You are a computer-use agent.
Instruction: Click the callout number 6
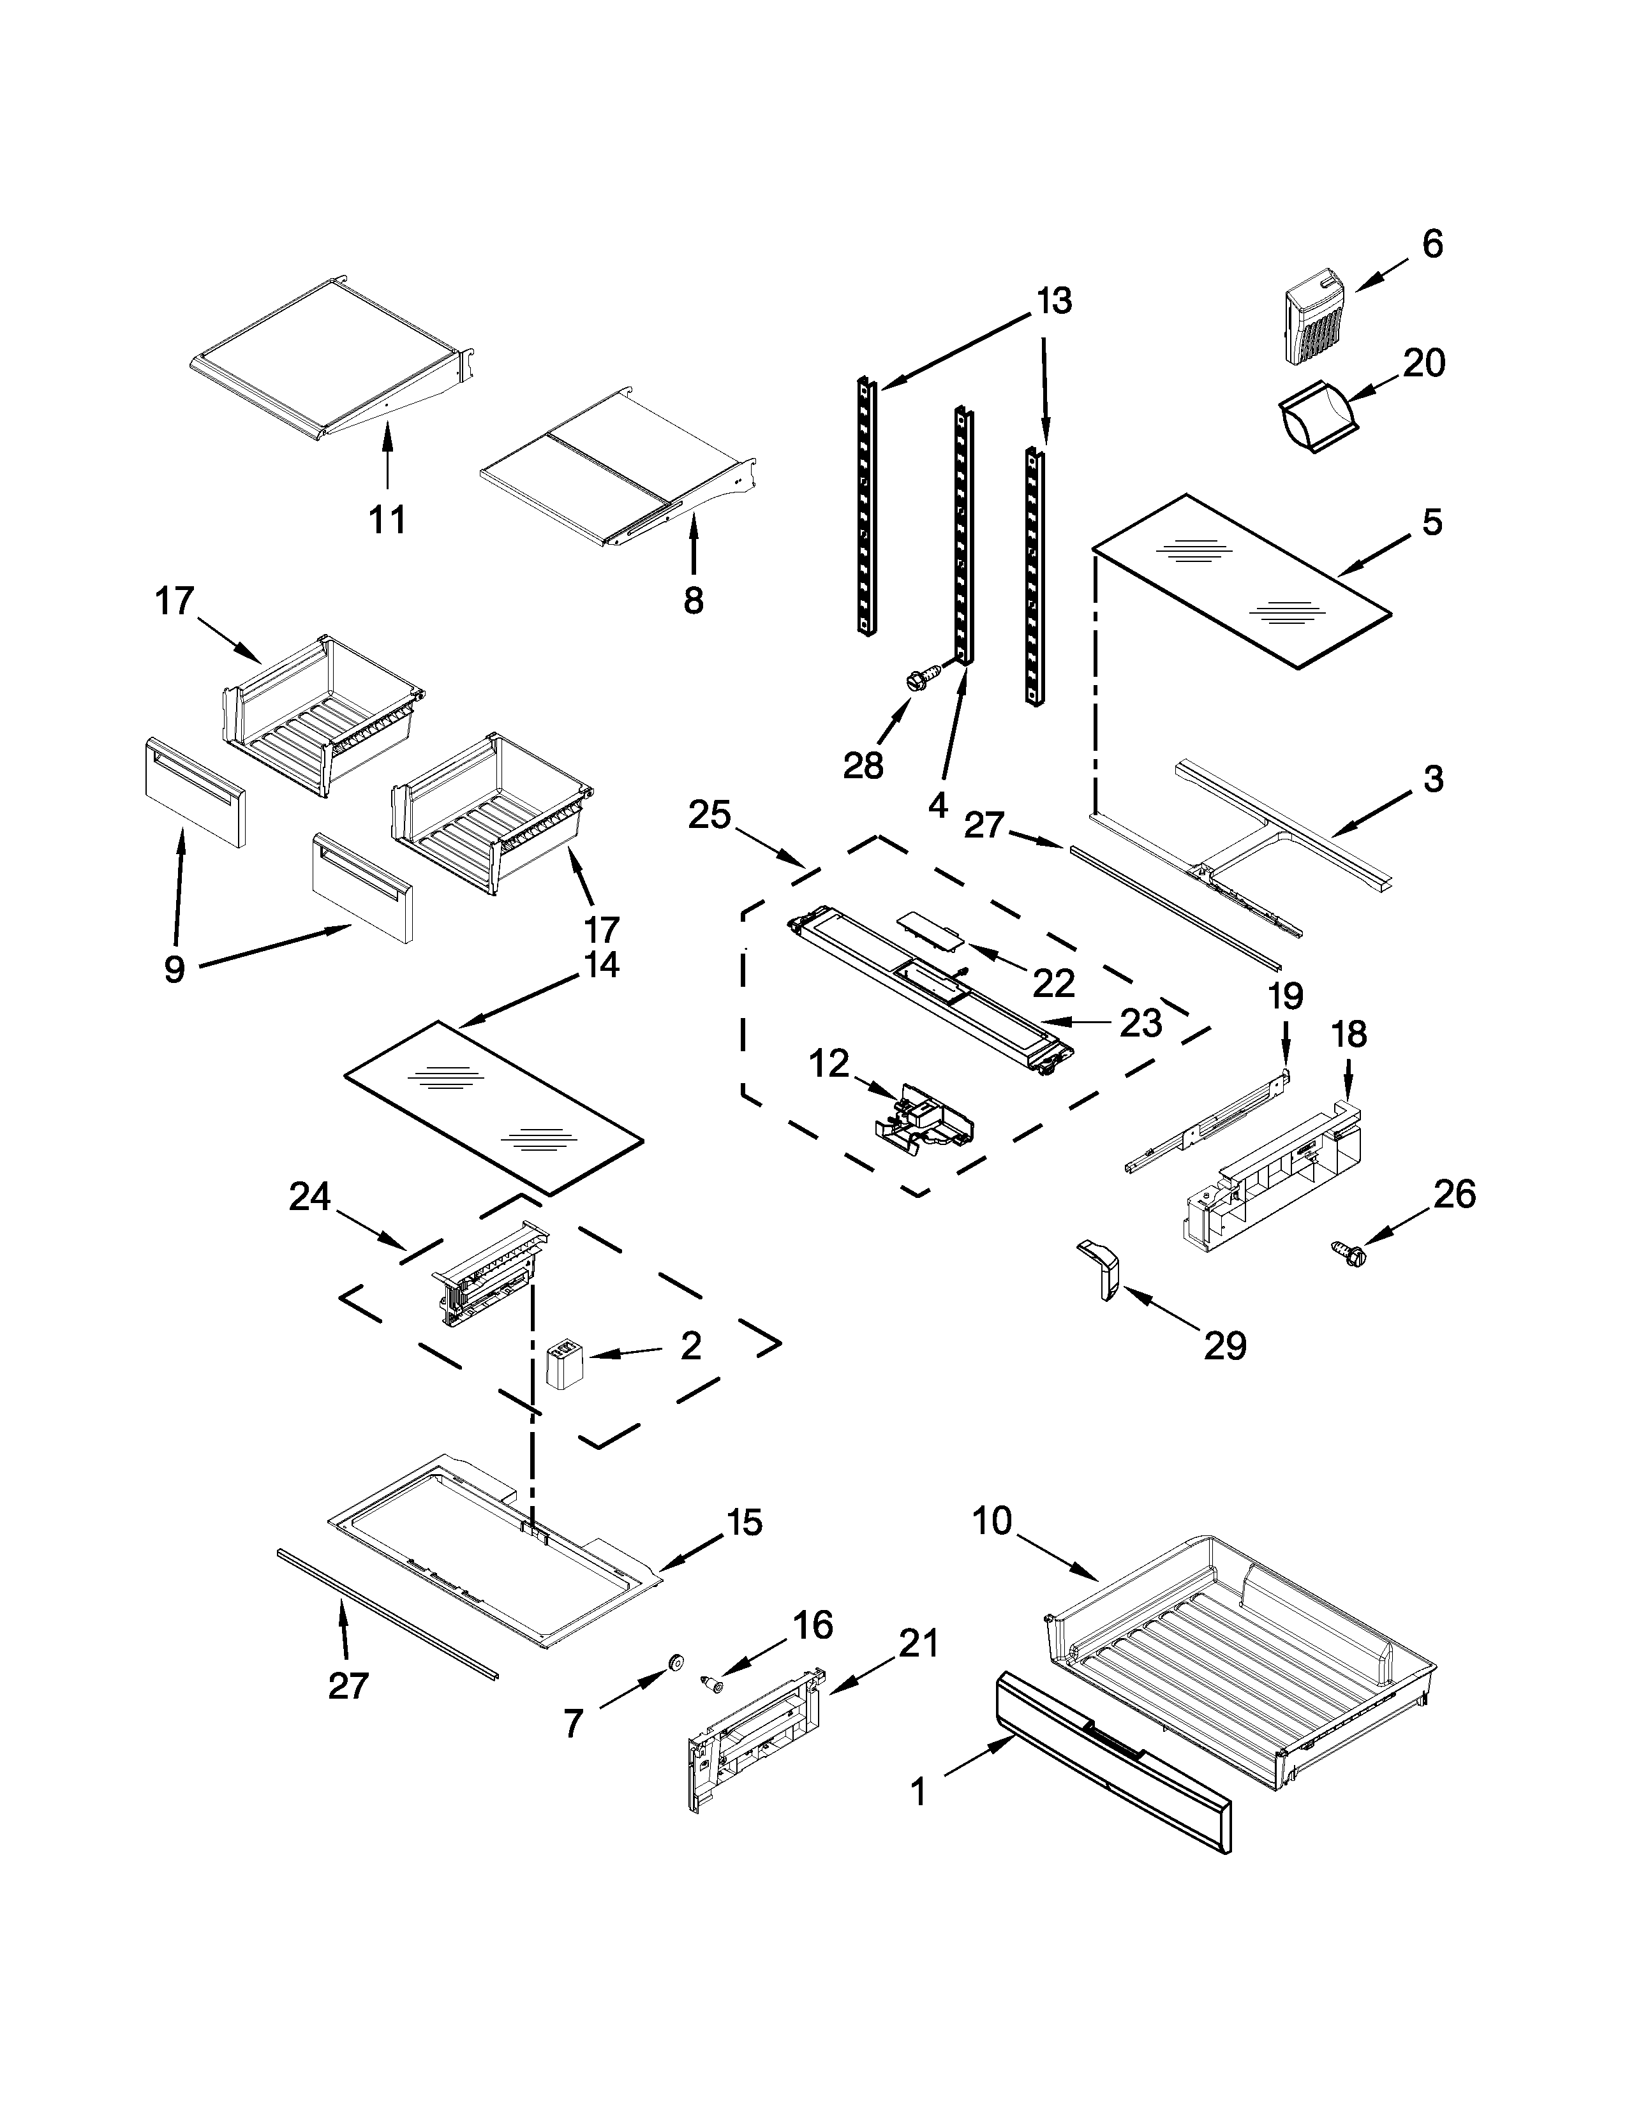[x=1432, y=245]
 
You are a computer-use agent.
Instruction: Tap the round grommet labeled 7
[x=674, y=1660]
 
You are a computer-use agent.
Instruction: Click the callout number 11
[x=387, y=519]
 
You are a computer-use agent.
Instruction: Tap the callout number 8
[x=693, y=600]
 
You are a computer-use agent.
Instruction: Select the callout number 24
[x=309, y=1198]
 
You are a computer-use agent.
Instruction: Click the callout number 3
[x=1433, y=779]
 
